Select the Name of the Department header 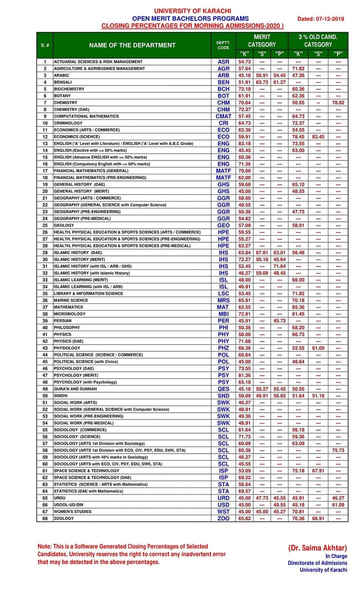pyautogui.click(x=132, y=45)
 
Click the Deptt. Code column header pyautogui.click(x=223, y=45)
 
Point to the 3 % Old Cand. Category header pyautogui.click(x=318, y=40)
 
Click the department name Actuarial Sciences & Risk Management pyautogui.click(x=98, y=61)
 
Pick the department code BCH pyautogui.click(x=223, y=89)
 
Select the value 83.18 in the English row pyautogui.click(x=244, y=143)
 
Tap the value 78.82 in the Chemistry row pyautogui.click(x=338, y=102)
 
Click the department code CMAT pyautogui.click(x=223, y=116)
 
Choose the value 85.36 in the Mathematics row pyautogui.click(x=298, y=307)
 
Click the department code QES pyautogui.click(x=223, y=389)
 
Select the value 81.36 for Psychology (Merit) pyautogui.click(x=244, y=375)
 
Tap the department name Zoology pyautogui.click(x=63, y=519)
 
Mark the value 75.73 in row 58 pyautogui.click(x=338, y=450)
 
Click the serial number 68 pyautogui.click(x=44, y=519)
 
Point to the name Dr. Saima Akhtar pyautogui.click(x=317, y=548)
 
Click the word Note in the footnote pyautogui.click(x=44, y=546)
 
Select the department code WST pyautogui.click(x=223, y=512)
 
